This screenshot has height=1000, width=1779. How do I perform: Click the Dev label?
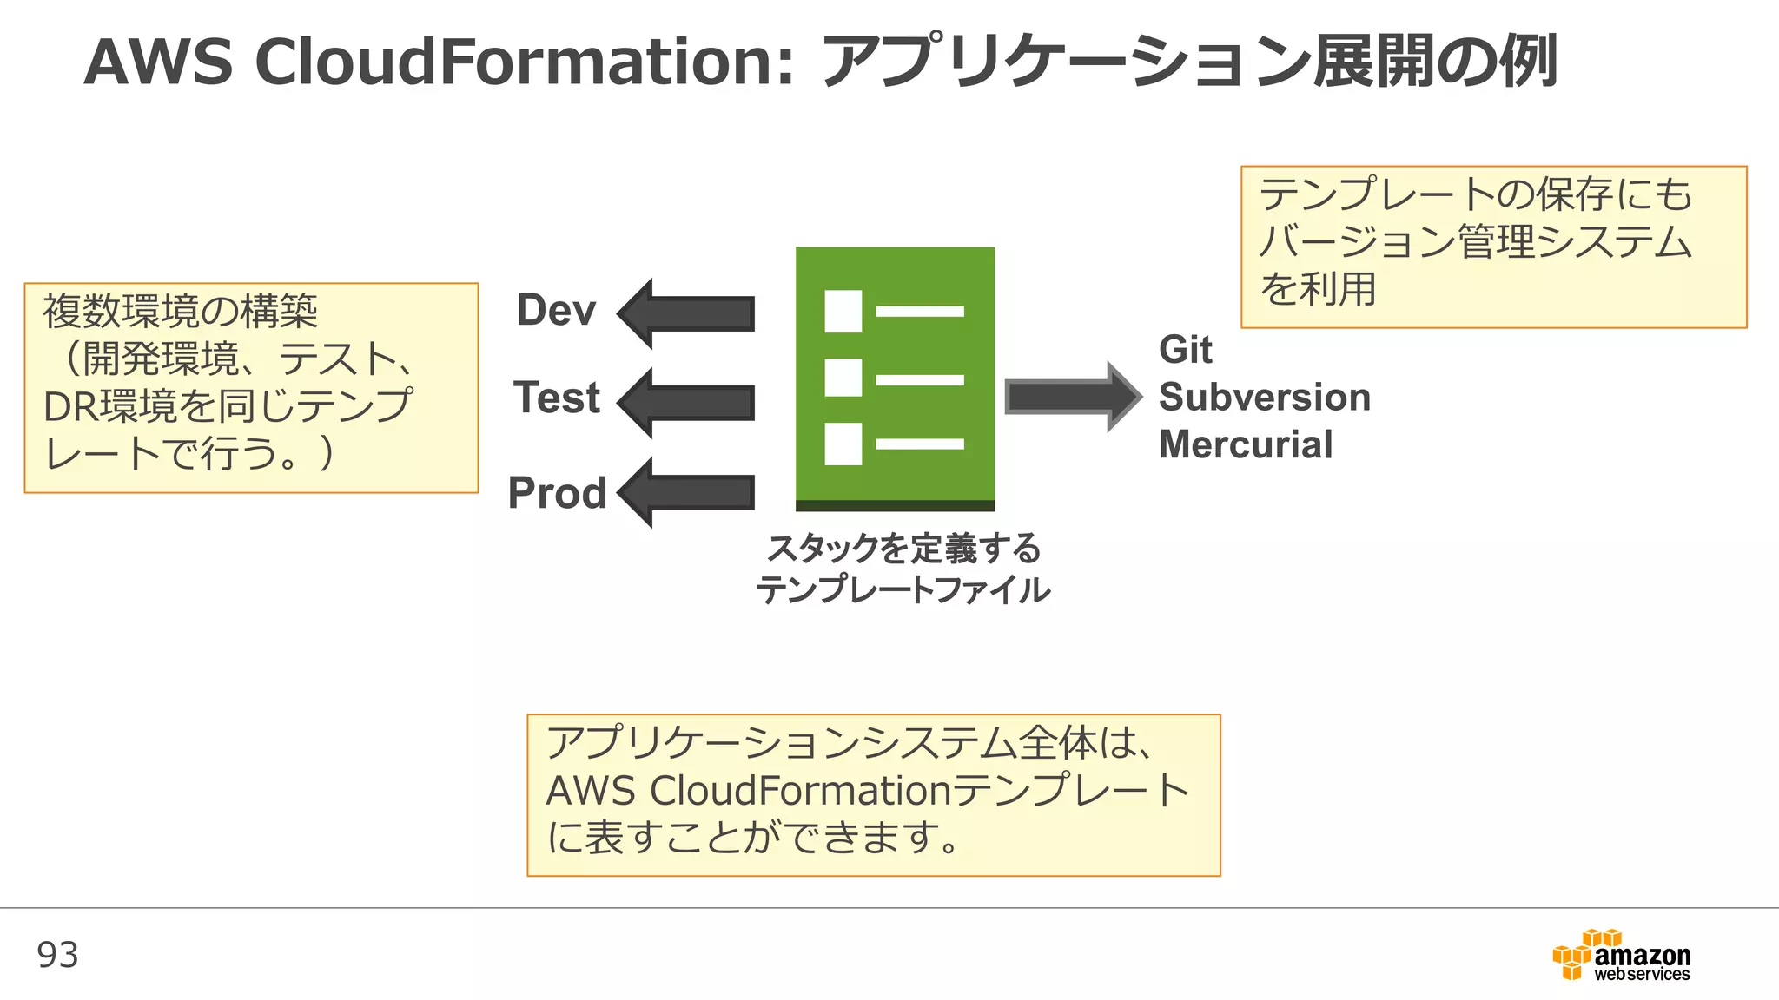pos(556,311)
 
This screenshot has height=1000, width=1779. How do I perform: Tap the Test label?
pos(557,398)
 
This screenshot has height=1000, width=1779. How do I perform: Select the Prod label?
pos(557,493)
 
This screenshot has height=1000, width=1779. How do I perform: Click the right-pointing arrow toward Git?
pos(1071,397)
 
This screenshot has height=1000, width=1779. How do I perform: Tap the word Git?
pos(1185,350)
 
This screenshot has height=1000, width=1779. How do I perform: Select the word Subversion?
pos(1265,398)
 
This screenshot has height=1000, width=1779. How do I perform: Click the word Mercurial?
pos(1246,445)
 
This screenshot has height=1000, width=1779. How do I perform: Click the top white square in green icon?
pos(843,312)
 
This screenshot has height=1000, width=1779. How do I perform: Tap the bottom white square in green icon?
pos(843,444)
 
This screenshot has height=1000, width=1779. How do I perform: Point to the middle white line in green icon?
pos(919,380)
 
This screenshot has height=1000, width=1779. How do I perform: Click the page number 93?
pos(57,955)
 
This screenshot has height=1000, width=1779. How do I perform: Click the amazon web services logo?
pos(1622,957)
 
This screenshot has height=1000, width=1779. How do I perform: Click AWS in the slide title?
pos(158,62)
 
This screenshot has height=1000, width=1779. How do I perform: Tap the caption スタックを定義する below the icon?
pos(903,549)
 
